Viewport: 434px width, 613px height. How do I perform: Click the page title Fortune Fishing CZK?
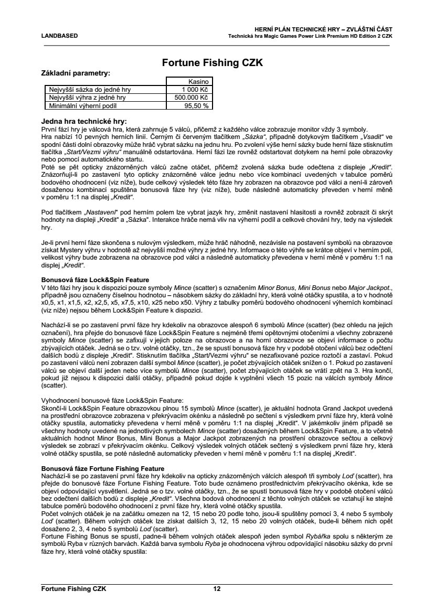click(212, 63)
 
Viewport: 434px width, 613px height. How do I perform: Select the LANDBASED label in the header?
click(59, 36)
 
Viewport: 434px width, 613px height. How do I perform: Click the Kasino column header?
click(199, 82)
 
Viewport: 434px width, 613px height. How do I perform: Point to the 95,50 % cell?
click(197, 105)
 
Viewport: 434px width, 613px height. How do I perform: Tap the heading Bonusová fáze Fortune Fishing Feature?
click(103, 468)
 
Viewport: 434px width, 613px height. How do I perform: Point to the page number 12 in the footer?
click(217, 588)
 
